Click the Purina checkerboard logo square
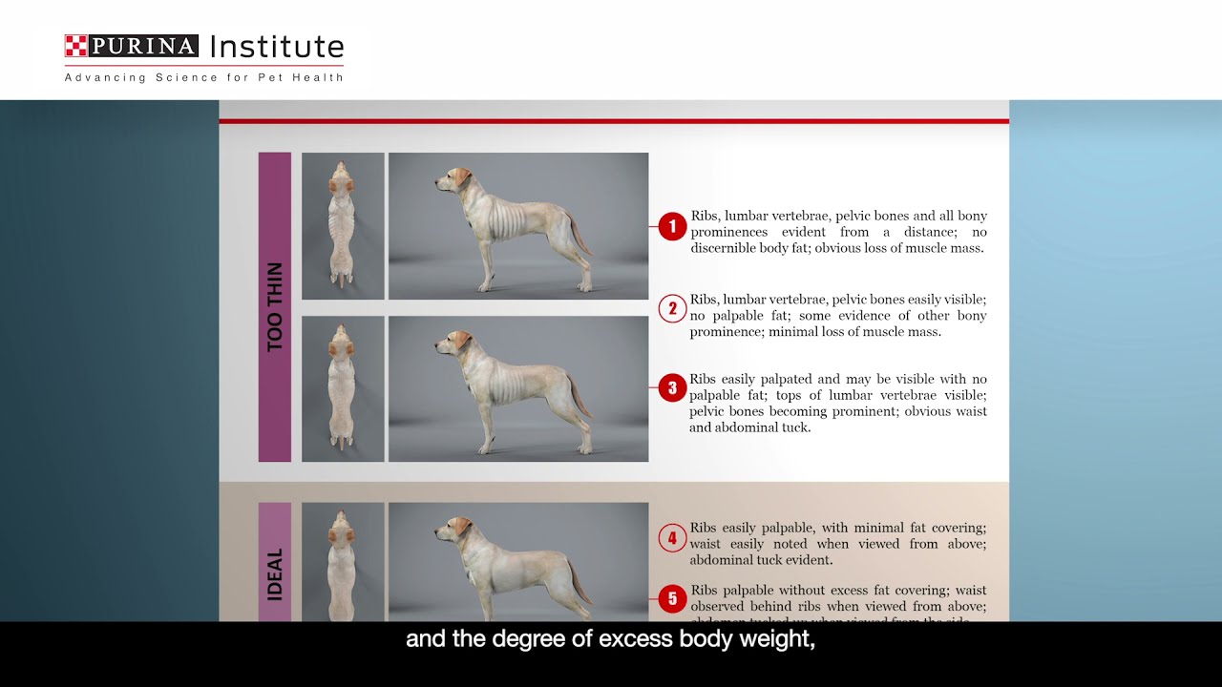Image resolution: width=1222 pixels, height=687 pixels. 75,46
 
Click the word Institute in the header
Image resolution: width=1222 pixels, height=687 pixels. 276,47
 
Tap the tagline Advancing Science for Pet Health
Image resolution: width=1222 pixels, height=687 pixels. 203,77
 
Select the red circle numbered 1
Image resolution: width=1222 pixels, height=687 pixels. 672,226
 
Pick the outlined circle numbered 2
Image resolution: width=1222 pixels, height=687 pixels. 672,308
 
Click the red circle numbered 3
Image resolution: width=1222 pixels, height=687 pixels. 672,387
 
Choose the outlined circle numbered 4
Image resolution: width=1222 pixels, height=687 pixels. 672,538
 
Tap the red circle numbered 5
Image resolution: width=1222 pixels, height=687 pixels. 672,598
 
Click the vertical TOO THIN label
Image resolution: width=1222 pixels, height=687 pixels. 275,307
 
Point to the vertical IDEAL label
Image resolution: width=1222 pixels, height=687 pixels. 275,573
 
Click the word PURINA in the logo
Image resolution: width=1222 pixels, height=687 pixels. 143,46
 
